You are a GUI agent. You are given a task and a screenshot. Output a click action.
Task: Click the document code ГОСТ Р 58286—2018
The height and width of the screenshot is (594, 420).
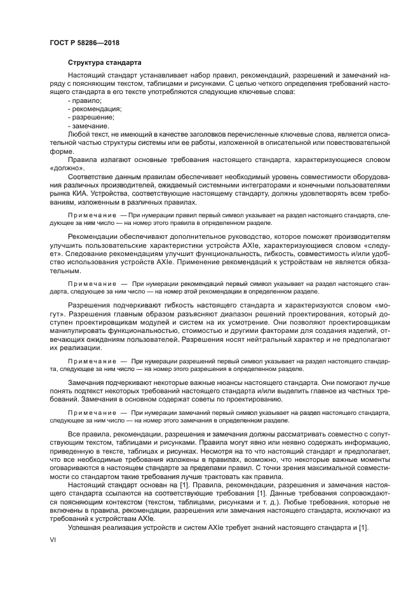pos(85,43)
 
